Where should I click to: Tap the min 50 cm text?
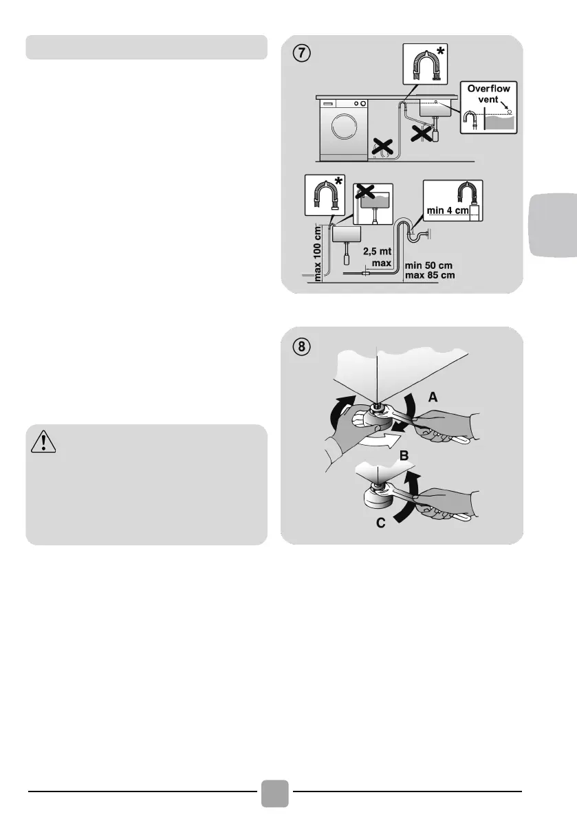(x=430, y=265)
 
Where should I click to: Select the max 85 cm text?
(x=430, y=275)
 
